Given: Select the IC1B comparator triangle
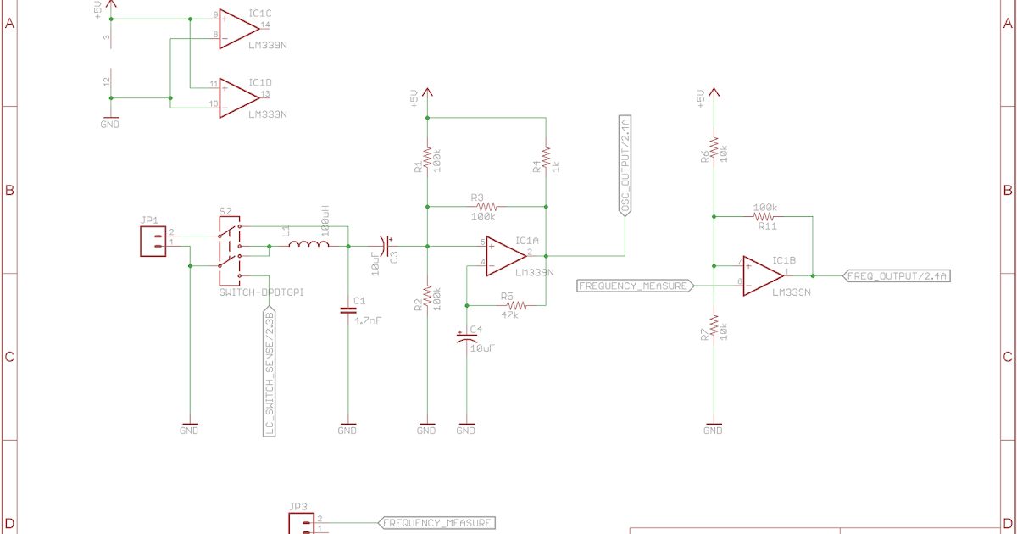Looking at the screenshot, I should coord(762,276).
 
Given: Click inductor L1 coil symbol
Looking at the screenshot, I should coord(308,246).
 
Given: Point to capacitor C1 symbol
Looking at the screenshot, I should coord(347,311).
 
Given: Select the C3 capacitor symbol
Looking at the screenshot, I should coord(387,246).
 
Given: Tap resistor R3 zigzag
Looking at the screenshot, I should coord(486,206).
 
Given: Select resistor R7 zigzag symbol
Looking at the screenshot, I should coord(714,325).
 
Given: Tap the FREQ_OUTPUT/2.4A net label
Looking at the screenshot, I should coord(897,275).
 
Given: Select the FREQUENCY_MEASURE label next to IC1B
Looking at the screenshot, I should coord(634,286).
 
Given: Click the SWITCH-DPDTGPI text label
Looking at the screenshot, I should coord(261,292).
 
